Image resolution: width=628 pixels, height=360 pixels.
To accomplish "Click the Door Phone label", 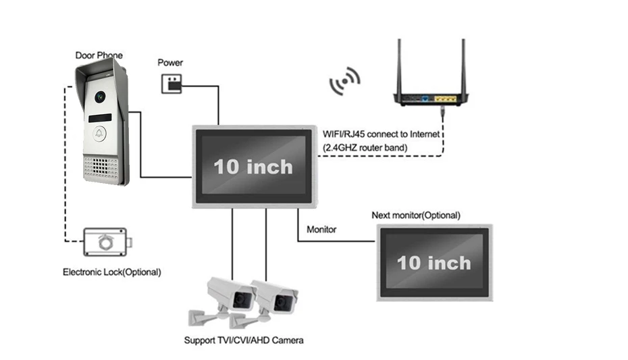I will pyautogui.click(x=99, y=55).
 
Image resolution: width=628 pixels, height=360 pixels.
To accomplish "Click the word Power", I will pyautogui.click(x=170, y=63).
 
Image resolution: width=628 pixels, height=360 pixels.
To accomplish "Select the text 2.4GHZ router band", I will pyautogui.click(x=366, y=147).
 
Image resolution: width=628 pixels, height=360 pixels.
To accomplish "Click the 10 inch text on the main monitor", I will pyautogui.click(x=253, y=166).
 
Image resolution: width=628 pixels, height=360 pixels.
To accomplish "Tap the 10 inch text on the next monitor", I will pyautogui.click(x=434, y=262).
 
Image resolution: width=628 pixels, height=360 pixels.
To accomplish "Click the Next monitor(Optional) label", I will pyautogui.click(x=416, y=215).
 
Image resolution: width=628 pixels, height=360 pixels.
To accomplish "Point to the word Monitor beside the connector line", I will pyautogui.click(x=321, y=230).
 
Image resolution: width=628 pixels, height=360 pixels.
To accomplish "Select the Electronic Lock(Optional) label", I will pyautogui.click(x=112, y=272).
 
